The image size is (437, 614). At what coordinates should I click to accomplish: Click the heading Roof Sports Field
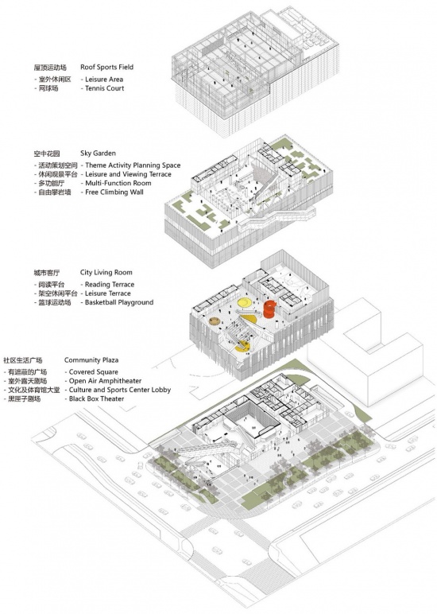106,67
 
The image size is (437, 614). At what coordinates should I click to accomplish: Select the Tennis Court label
104,88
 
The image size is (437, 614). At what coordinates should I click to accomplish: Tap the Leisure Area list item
104,79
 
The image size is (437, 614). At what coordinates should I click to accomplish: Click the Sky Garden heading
98,153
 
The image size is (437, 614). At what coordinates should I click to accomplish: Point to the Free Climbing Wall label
114,192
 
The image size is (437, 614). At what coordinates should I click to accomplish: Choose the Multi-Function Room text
118,183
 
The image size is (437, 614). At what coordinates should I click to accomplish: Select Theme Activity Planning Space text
133,165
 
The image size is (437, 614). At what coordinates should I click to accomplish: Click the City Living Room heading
106,272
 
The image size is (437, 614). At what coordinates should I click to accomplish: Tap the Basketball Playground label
119,302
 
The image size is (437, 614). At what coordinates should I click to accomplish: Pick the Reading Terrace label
110,284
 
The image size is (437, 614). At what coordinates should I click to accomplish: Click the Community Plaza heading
91,359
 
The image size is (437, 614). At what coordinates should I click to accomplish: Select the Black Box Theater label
96,398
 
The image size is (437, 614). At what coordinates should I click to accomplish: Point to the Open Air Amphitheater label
105,381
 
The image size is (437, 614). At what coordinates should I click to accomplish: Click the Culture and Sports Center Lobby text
120,390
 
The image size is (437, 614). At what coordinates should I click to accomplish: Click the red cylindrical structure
269,309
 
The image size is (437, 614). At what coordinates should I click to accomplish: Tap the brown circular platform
214,321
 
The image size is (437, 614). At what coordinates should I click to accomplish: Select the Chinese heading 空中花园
47,153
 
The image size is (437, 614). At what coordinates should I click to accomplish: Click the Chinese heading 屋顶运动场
50,68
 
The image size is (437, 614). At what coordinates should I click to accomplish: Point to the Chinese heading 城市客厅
47,273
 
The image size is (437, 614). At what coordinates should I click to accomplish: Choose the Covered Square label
93,371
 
